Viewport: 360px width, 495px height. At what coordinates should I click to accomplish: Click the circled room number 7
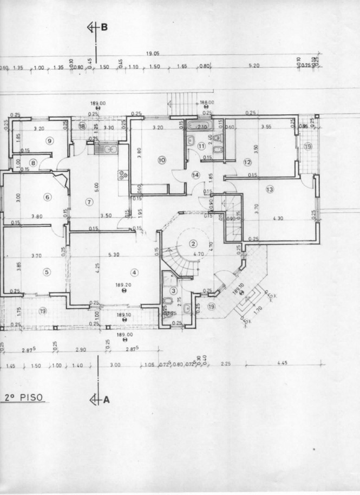tap(90, 202)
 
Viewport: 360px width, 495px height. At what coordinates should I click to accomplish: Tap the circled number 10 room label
tap(161, 160)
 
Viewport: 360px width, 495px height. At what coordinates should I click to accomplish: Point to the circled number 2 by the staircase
tap(192, 243)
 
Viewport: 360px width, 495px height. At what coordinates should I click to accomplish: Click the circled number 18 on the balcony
tap(82, 126)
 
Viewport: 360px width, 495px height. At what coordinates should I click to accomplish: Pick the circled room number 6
tap(48, 197)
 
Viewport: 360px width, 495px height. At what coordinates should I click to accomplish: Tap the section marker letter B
tap(104, 27)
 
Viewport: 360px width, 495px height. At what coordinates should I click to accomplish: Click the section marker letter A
tap(107, 400)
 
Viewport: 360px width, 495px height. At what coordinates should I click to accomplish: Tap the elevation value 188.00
tap(207, 102)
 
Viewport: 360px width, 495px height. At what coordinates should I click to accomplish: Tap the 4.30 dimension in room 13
tap(279, 218)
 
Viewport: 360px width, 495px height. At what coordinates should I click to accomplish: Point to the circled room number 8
tap(33, 162)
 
